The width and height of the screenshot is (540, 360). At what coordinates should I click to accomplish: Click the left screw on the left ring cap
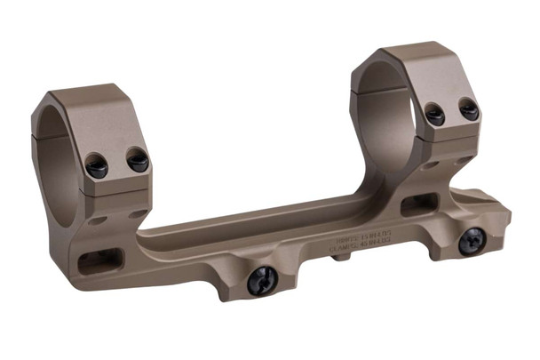point(97,165)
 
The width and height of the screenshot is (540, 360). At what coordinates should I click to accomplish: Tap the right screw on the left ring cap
point(138,160)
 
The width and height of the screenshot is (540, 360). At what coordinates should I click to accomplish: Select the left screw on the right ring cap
point(434,115)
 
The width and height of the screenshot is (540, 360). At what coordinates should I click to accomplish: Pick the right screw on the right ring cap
point(469,110)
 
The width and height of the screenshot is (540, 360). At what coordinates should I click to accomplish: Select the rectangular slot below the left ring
point(98,262)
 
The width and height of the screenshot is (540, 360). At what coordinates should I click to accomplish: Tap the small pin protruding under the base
point(342,259)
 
